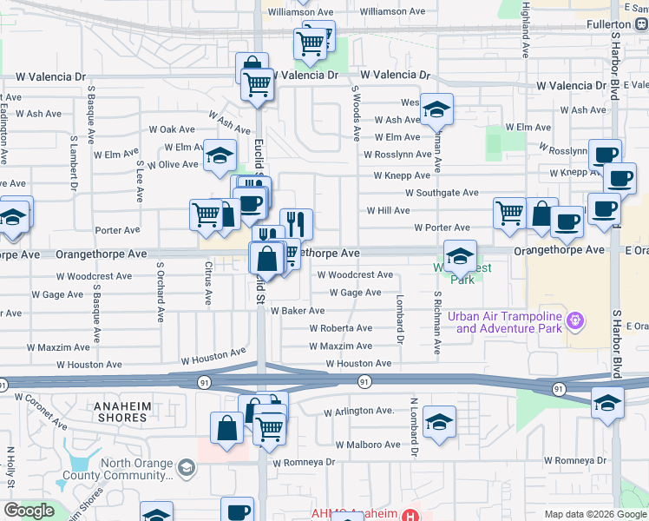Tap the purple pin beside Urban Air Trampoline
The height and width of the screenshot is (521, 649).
(x=574, y=322)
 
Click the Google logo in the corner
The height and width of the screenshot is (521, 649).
(x=29, y=511)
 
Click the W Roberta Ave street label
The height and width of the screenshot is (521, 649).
(x=341, y=328)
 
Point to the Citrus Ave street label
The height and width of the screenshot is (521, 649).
(x=208, y=284)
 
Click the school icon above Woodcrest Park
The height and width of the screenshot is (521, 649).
(x=459, y=254)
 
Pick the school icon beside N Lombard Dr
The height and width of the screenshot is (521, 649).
(x=440, y=422)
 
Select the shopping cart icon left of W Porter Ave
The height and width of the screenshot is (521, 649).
(x=508, y=211)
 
